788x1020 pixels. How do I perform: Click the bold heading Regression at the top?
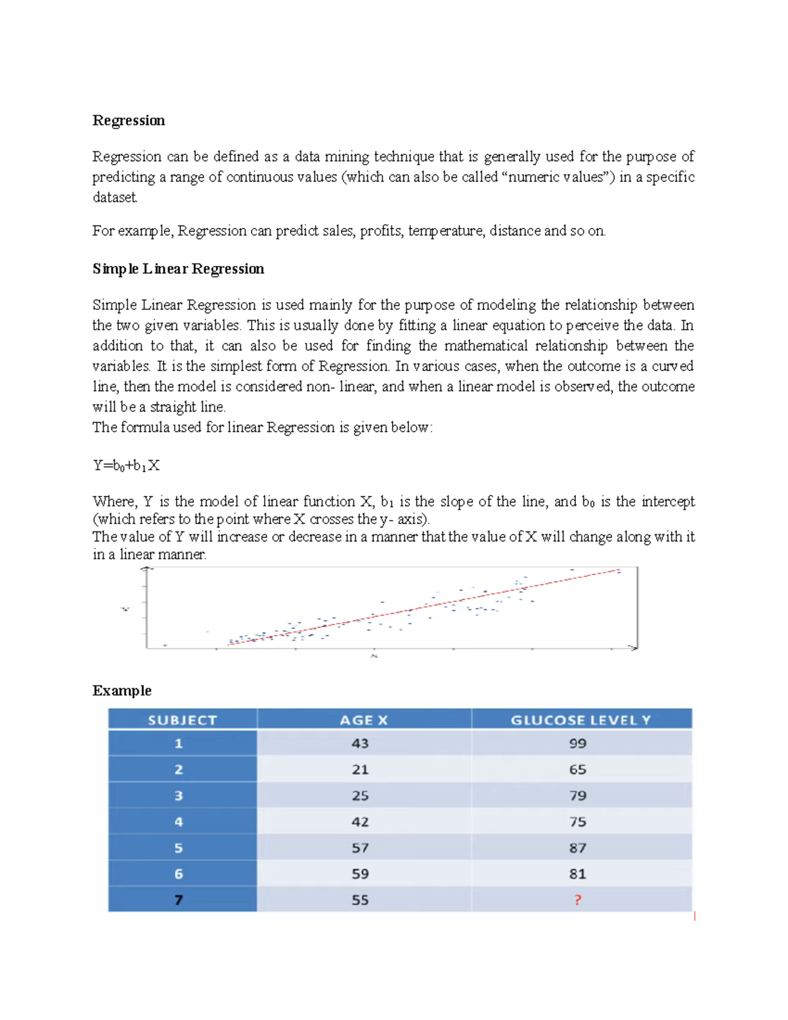129,120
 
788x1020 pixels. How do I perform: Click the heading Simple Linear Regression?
178,269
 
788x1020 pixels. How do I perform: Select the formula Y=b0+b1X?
126,466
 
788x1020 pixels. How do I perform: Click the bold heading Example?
121,690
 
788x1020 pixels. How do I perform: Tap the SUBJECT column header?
182,720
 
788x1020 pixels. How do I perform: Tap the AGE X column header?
363,720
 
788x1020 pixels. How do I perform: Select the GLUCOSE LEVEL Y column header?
580,720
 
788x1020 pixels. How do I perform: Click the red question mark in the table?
577,900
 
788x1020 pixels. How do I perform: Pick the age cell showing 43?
360,743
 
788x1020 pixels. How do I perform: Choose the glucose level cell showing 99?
577,743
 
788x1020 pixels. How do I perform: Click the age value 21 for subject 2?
360,769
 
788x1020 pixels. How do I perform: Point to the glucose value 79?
577,795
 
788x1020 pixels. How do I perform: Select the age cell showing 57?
360,848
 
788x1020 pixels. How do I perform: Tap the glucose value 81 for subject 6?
577,874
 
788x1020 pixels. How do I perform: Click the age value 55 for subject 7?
360,900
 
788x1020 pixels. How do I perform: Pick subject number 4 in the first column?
179,822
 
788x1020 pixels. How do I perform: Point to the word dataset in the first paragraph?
115,197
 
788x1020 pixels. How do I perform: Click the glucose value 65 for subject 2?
577,769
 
